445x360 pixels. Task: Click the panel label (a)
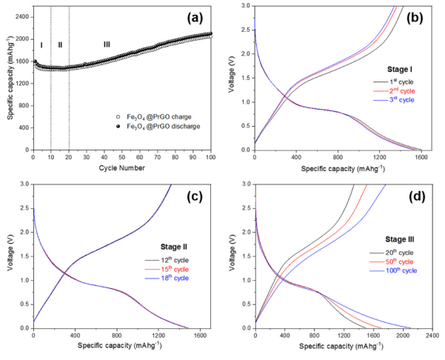tap(198, 16)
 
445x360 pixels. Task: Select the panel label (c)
tap(198, 197)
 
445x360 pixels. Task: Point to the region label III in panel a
tap(107, 44)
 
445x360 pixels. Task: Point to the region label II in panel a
tap(60, 44)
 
